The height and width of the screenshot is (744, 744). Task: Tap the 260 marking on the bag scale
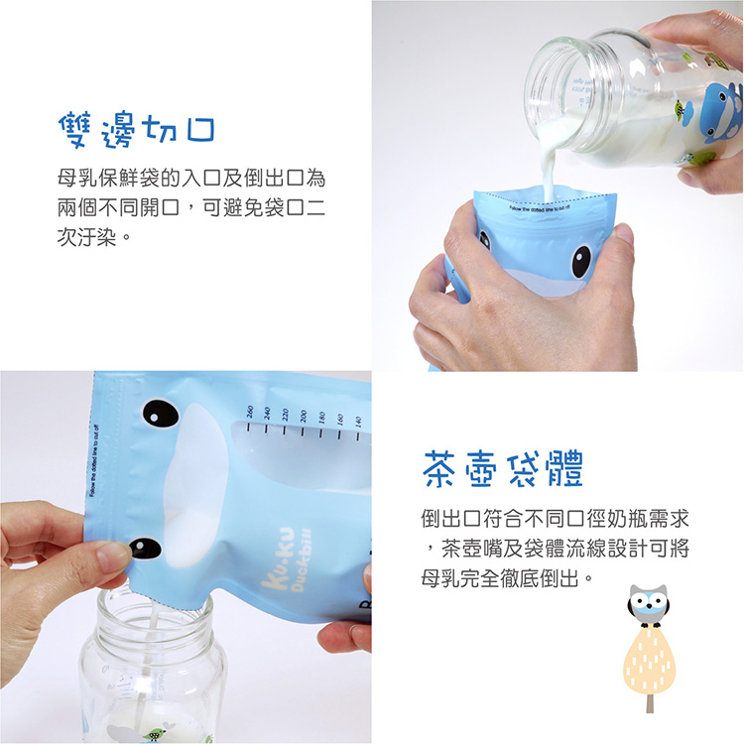click(249, 414)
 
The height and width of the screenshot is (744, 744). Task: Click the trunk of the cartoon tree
click(650, 700)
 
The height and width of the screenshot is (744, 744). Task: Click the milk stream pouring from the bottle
click(549, 169)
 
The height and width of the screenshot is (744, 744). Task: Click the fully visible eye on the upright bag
click(581, 259)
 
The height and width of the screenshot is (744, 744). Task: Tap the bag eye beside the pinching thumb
click(146, 548)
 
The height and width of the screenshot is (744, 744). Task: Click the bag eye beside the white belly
click(159, 412)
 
